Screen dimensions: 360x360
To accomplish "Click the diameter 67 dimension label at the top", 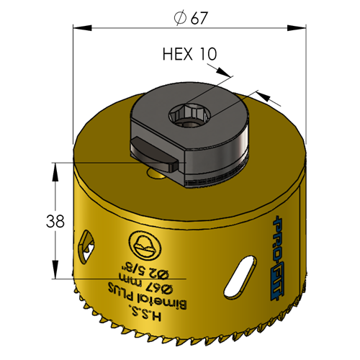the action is pos(191,18).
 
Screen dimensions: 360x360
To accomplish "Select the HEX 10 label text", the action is pos(189,54).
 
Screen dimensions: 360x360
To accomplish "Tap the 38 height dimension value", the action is pos(55,221).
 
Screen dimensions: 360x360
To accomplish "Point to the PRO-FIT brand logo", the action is pos(278,260).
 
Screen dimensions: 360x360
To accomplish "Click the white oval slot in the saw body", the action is pos(240,277).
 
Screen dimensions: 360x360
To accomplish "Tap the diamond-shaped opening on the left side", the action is pos(85,247).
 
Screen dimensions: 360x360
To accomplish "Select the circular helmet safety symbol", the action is pos(144,247).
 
